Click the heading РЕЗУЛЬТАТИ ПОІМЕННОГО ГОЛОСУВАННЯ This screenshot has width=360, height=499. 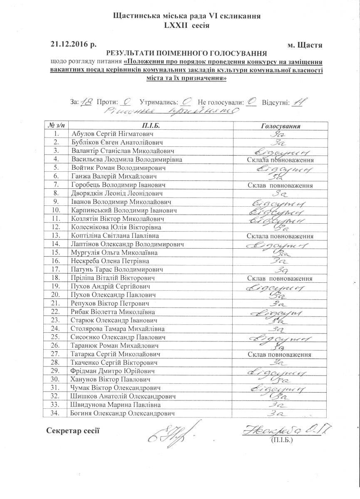coord(186,53)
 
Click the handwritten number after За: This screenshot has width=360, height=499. coord(87,101)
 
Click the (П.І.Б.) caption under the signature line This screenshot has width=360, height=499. coord(281,439)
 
